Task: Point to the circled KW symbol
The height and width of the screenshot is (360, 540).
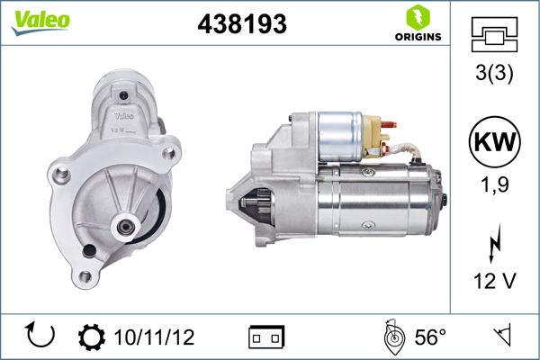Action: [494, 143]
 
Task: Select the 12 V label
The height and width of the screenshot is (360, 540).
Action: [494, 281]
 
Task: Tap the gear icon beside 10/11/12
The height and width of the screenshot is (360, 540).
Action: [93, 337]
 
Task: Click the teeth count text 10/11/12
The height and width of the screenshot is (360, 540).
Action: [155, 337]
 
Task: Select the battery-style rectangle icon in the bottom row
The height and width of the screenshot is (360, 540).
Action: [265, 337]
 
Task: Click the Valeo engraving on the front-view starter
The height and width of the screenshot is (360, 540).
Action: [125, 114]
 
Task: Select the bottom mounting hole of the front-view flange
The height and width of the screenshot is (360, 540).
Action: [85, 277]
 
